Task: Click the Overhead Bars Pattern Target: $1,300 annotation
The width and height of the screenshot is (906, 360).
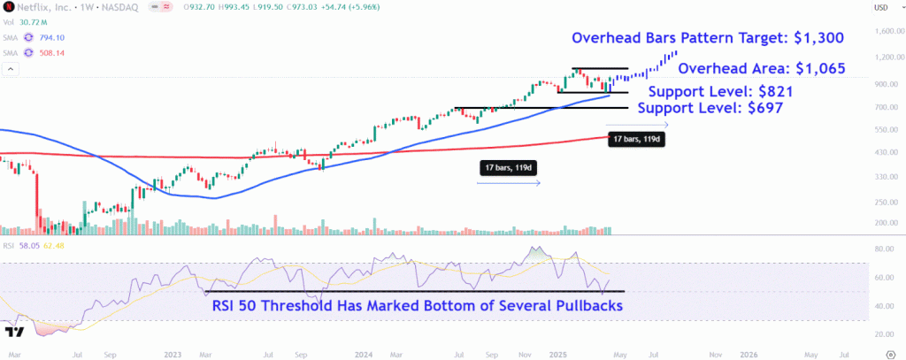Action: coord(707,38)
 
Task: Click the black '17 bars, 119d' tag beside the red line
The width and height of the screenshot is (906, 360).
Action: coord(636,138)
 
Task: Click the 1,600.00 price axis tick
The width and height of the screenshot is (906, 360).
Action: coord(887,32)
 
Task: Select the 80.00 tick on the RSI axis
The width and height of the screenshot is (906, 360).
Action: coord(883,249)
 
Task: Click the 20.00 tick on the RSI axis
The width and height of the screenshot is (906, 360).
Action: coord(883,334)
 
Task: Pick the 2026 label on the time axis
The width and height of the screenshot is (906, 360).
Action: coord(750,353)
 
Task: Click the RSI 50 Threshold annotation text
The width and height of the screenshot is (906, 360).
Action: coord(417,305)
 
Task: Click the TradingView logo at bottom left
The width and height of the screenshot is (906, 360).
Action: coord(14,333)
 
